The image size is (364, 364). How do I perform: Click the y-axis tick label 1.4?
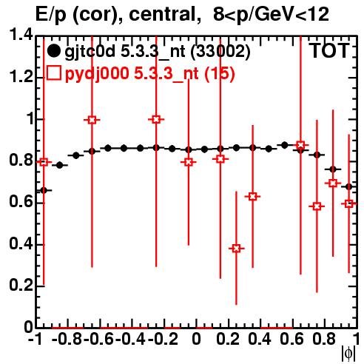click(21, 35)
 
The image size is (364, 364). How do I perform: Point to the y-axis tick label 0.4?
click(21, 243)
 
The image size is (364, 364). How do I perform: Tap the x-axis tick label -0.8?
click(67, 339)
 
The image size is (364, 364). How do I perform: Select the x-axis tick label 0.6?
click(291, 339)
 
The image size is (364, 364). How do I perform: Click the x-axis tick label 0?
click(196, 339)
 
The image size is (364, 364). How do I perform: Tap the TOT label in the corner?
click(330, 50)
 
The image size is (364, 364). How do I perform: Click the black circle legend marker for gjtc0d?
click(53, 51)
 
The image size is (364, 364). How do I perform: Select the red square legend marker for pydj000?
click(53, 73)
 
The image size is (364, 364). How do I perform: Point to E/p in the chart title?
click(51, 15)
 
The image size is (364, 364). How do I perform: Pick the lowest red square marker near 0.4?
click(236, 249)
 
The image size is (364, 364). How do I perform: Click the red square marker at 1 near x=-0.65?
click(92, 120)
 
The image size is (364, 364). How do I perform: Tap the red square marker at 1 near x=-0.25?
click(156, 120)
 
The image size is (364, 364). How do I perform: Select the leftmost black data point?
click(44, 190)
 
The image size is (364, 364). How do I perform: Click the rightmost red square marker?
click(348, 203)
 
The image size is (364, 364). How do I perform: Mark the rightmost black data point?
click(348, 187)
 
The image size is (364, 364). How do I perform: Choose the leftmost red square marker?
click(44, 162)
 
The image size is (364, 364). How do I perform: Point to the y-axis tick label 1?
click(30, 119)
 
